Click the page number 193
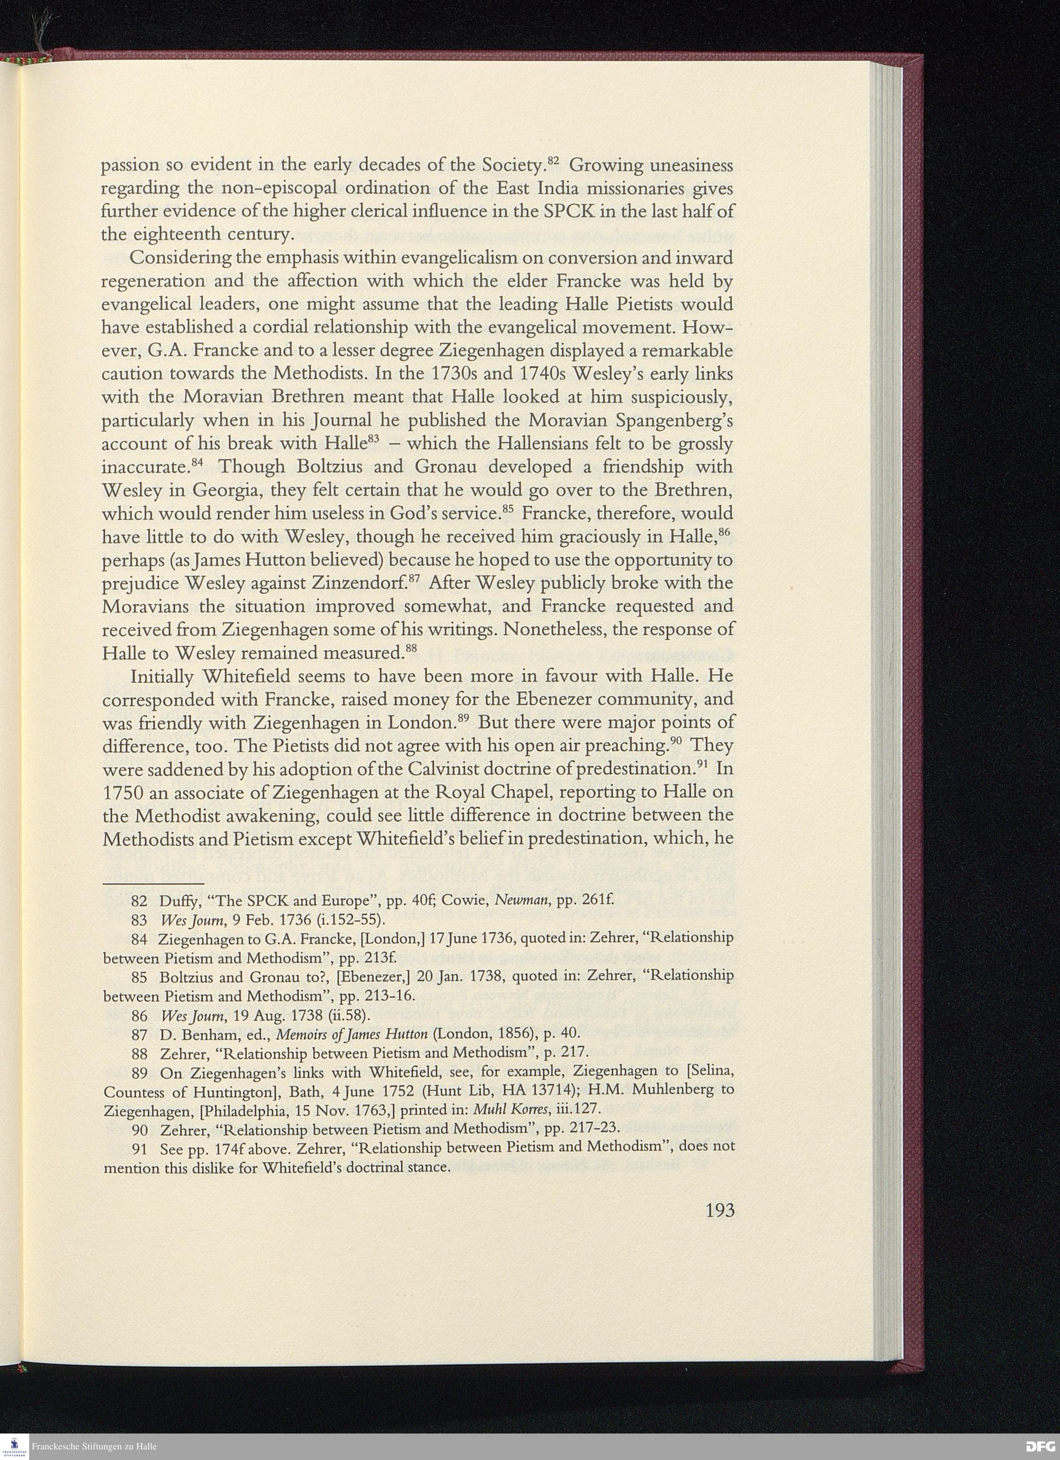coord(719,1211)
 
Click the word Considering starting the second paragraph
coord(182,258)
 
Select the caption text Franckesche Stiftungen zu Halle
coord(94,1447)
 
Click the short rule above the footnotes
coord(153,883)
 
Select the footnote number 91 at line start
coord(140,1146)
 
